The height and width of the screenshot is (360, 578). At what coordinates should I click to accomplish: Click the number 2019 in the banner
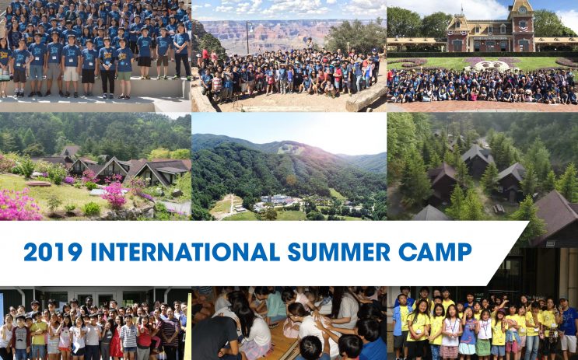tap(53, 252)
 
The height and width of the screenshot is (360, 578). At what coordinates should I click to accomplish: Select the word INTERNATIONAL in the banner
tap(185, 252)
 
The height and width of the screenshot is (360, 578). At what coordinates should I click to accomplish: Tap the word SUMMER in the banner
tap(338, 252)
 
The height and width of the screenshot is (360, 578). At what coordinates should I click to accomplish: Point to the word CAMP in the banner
tap(435, 252)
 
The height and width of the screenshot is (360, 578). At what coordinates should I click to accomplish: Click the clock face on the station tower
tap(522, 10)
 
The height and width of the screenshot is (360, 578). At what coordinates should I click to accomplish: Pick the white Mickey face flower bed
tap(491, 65)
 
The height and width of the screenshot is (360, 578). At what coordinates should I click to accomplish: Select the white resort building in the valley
tap(276, 199)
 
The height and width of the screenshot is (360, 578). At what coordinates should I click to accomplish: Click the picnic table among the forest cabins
tap(499, 209)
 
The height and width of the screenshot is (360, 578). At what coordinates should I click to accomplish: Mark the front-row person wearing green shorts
tap(124, 69)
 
